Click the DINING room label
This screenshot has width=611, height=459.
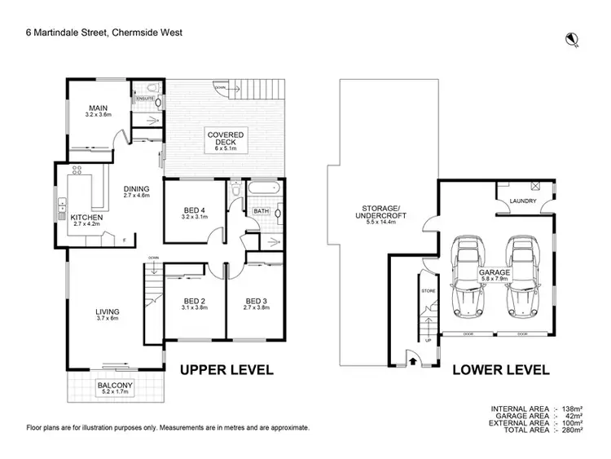[136, 189]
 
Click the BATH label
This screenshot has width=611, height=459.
[261, 210]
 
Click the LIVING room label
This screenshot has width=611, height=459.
[107, 311]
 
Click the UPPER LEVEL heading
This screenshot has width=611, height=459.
[226, 369]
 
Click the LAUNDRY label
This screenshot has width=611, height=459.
[521, 200]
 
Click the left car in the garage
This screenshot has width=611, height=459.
[466, 277]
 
